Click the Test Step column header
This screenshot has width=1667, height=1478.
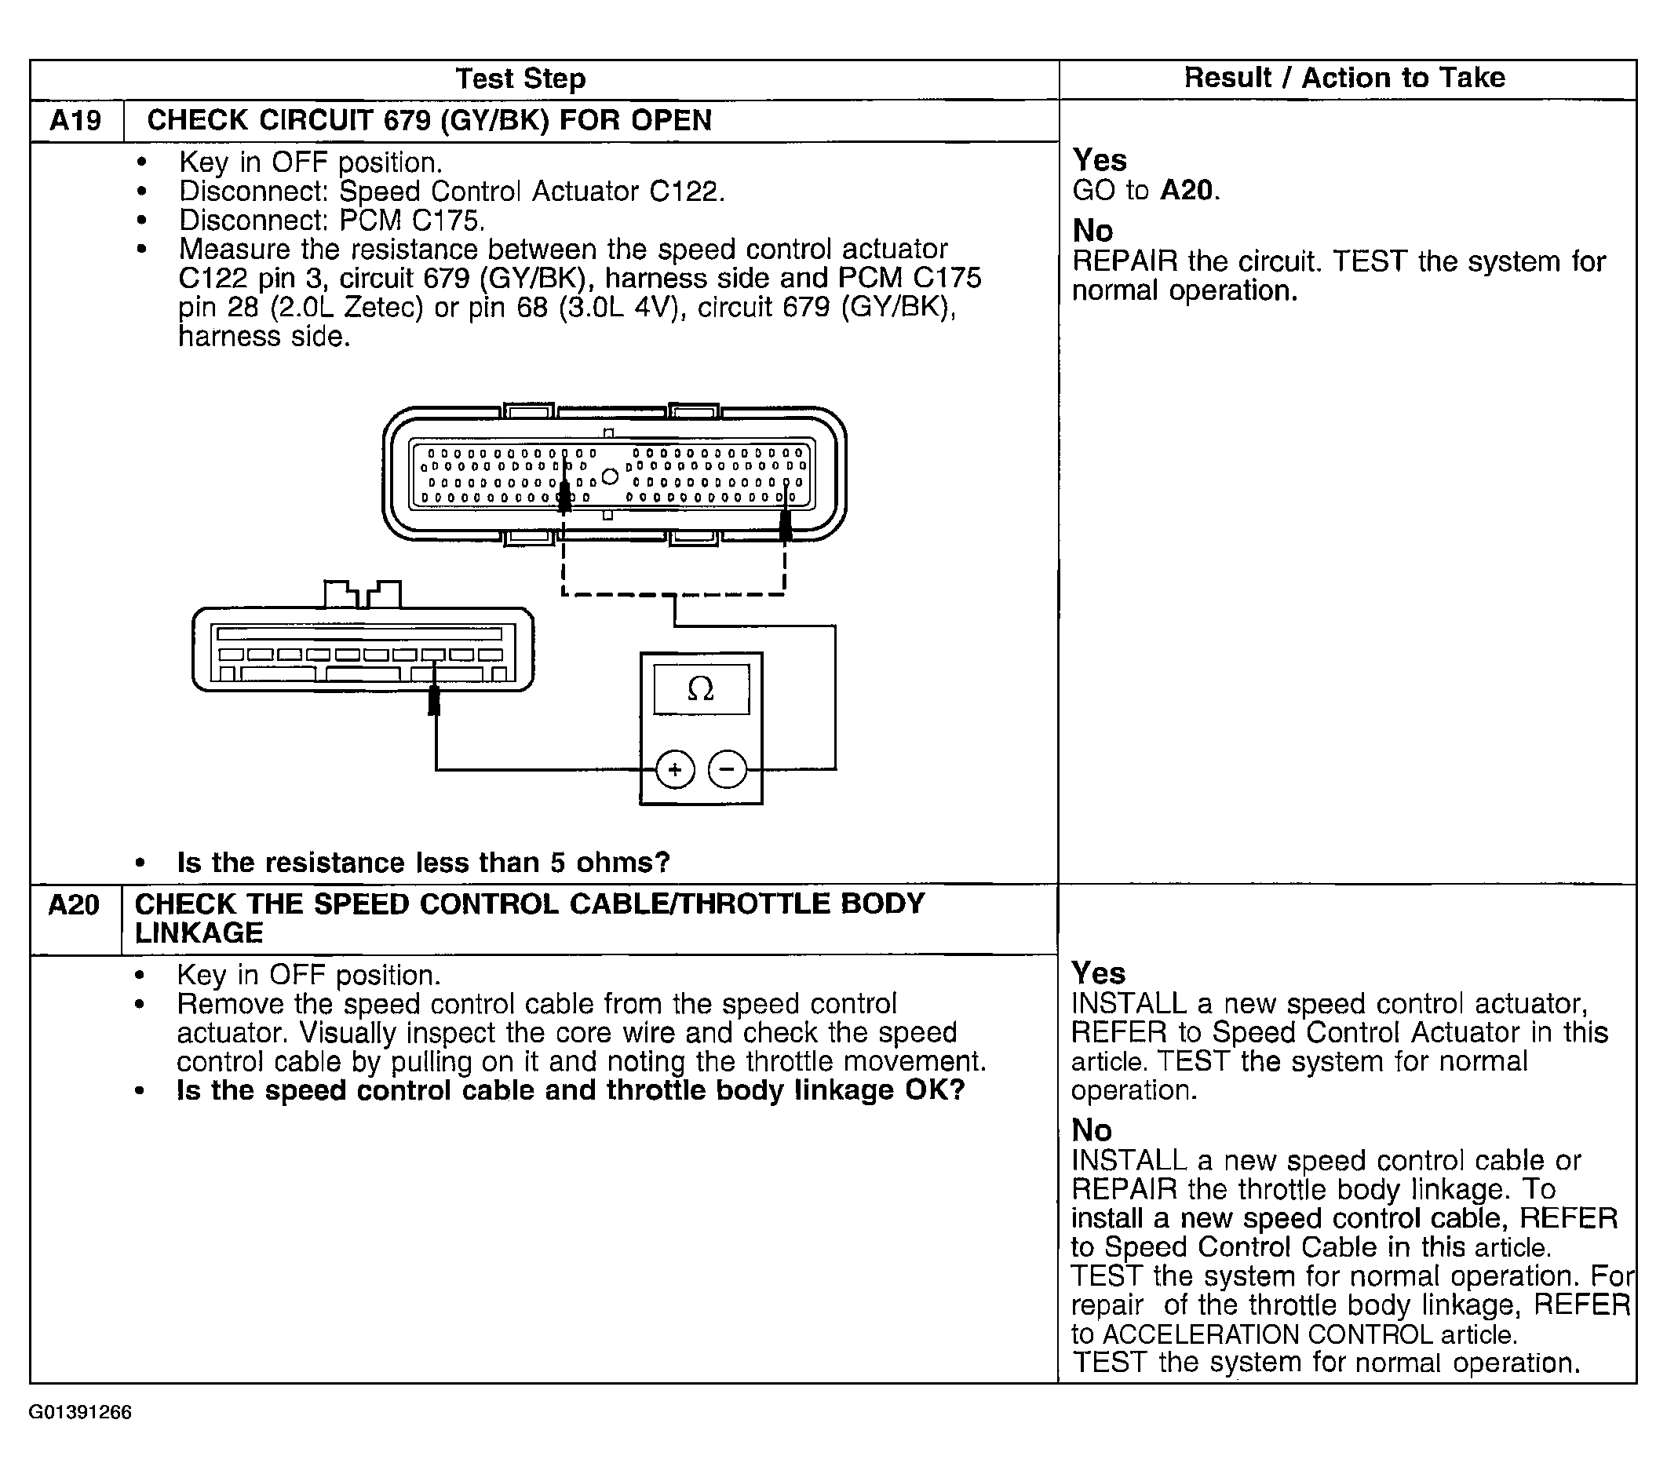pos(520,79)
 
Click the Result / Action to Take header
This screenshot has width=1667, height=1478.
pos(1344,78)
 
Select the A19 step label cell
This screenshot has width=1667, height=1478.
pos(75,121)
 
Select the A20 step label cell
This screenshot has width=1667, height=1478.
pos(74,905)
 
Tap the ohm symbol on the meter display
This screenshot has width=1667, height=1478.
pos(701,689)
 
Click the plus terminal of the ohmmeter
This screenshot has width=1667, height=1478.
pos(674,769)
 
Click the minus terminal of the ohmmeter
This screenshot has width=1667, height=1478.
pos(728,769)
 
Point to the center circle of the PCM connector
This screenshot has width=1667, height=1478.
pos(609,476)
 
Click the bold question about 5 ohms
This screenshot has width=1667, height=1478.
pos(423,862)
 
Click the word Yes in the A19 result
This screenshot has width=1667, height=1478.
pos(1100,160)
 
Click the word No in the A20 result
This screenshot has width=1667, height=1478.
pos(1091,1130)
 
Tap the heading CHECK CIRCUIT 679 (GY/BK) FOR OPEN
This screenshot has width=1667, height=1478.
pos(429,121)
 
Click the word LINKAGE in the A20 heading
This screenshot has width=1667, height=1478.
pos(199,933)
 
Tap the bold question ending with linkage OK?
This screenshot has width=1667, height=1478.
pos(571,1090)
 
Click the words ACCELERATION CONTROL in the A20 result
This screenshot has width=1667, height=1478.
pos(1268,1334)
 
